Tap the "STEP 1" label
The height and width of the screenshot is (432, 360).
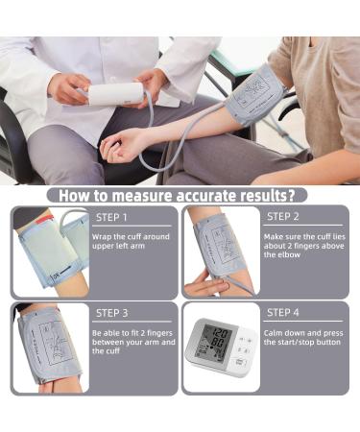(x=114, y=217)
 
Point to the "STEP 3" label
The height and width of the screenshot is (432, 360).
(x=112, y=312)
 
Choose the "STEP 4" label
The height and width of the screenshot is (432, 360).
(x=283, y=312)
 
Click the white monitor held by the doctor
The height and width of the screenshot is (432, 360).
(x=114, y=94)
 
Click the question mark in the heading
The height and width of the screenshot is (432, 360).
(x=302, y=195)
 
